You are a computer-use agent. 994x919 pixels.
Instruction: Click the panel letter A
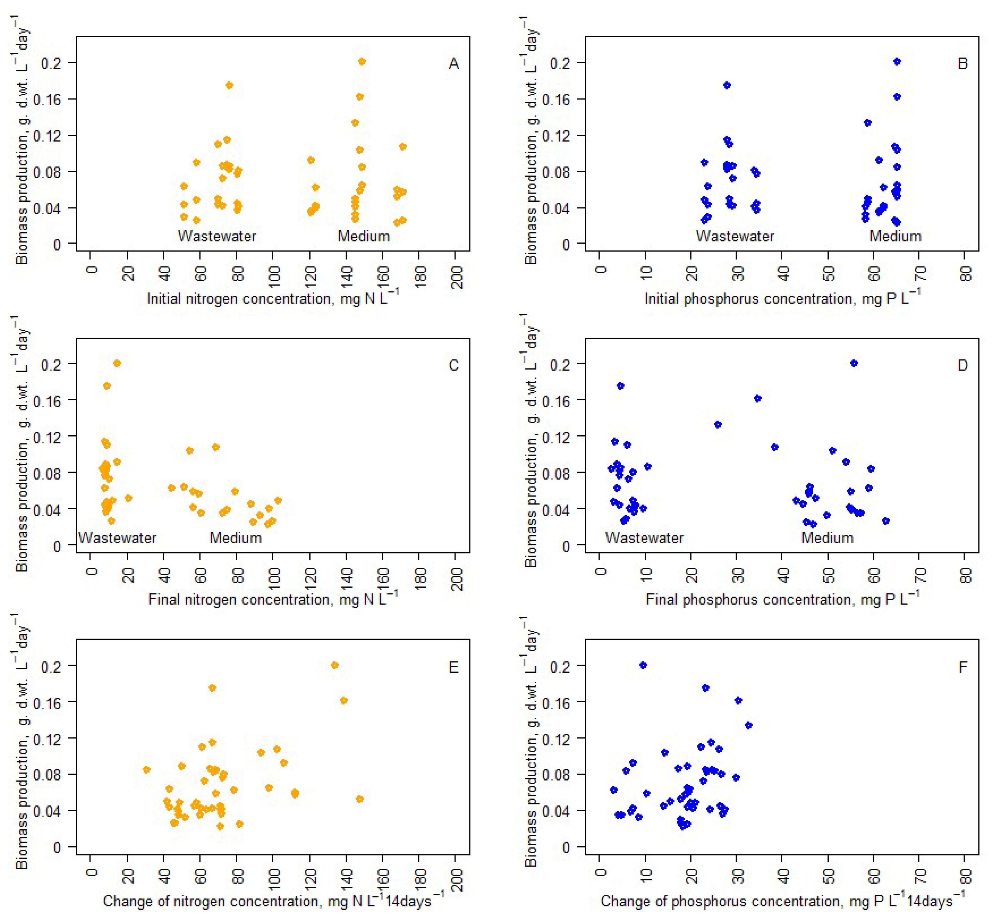pos(453,64)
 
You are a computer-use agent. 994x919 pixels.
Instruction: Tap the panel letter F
pos(963,667)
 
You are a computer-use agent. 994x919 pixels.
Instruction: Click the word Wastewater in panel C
pos(117,537)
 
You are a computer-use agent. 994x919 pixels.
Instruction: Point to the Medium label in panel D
pos(827,537)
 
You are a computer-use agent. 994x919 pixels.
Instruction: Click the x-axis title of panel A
pos(272,298)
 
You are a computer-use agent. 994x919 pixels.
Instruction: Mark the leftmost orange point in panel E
pos(146,769)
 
